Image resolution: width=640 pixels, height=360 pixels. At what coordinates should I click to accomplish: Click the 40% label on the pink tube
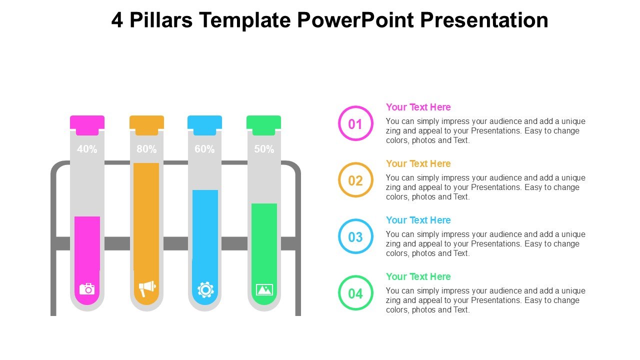(87, 149)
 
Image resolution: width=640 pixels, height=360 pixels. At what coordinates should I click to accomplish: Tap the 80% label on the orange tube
(146, 149)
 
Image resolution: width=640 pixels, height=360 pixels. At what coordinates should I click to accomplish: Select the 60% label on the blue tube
(204, 149)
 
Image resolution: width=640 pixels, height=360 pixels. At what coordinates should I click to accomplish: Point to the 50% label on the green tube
(264, 149)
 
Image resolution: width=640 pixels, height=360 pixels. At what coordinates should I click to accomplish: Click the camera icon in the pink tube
(87, 289)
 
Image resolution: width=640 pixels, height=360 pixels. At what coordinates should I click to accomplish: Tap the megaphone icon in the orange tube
(147, 288)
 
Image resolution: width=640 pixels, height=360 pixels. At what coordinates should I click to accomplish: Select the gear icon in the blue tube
(205, 289)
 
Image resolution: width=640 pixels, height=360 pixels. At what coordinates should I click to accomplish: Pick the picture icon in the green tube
(264, 289)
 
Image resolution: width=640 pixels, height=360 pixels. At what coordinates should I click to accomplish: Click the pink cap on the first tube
(87, 125)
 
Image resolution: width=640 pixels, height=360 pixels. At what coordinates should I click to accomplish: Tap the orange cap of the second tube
(146, 125)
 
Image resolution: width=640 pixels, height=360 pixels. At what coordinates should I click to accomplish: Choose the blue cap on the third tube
(204, 125)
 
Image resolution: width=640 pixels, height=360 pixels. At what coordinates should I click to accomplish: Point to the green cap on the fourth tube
(263, 125)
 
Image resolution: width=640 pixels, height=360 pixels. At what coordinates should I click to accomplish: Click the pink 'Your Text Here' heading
(418, 107)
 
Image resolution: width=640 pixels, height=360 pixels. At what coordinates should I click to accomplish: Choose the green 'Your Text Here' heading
(418, 276)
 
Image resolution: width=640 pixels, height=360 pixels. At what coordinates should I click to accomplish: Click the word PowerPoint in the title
(356, 20)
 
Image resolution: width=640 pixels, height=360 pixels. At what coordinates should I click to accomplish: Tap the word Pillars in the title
(161, 20)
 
